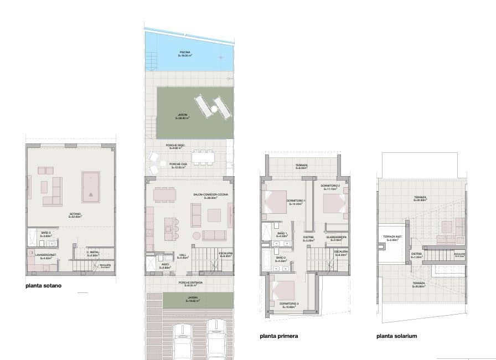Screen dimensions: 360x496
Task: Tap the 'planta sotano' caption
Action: [44, 286]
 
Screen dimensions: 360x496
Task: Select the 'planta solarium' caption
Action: [397, 336]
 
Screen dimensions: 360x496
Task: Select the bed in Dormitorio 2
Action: [334, 202]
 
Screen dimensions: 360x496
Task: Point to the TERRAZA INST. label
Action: [391, 238]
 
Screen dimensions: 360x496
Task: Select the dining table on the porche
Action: [203, 157]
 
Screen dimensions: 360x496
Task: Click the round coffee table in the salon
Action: [197, 235]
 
